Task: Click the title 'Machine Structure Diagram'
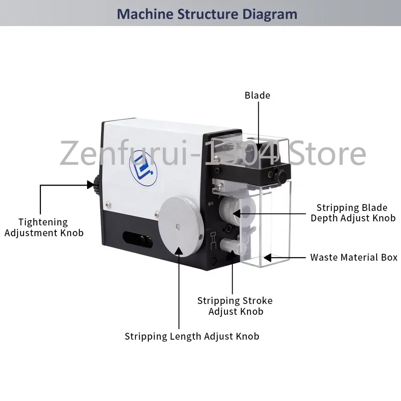click(x=207, y=14)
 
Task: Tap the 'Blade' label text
click(x=257, y=95)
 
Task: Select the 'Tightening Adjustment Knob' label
click(x=44, y=227)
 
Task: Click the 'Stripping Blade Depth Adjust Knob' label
click(x=353, y=213)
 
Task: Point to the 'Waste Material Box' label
click(x=354, y=257)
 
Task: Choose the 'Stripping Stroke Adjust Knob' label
click(x=235, y=306)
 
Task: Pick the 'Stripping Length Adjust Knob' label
click(x=192, y=336)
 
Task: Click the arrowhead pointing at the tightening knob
click(x=91, y=185)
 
